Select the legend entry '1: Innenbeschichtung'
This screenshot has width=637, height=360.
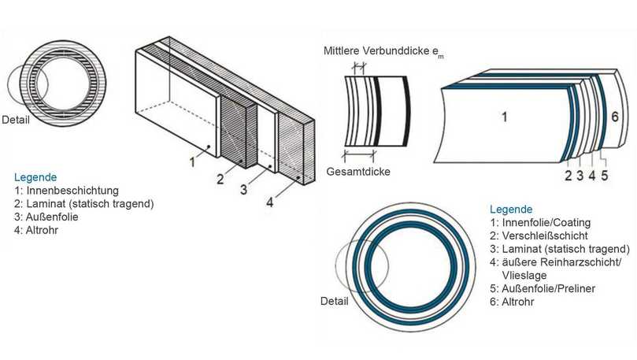(x=66, y=191)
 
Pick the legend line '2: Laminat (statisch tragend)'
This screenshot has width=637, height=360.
(x=83, y=203)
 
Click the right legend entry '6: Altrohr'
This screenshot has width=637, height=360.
(x=513, y=302)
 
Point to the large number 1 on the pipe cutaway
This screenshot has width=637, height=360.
(x=505, y=117)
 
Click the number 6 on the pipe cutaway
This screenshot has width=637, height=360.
(x=617, y=117)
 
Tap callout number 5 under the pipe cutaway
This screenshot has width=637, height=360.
(x=604, y=176)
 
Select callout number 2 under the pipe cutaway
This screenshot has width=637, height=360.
(x=568, y=176)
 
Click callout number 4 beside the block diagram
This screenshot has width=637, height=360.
(x=269, y=202)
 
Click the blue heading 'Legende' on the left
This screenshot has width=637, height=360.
(x=35, y=177)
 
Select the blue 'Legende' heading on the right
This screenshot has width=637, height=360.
(x=511, y=210)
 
